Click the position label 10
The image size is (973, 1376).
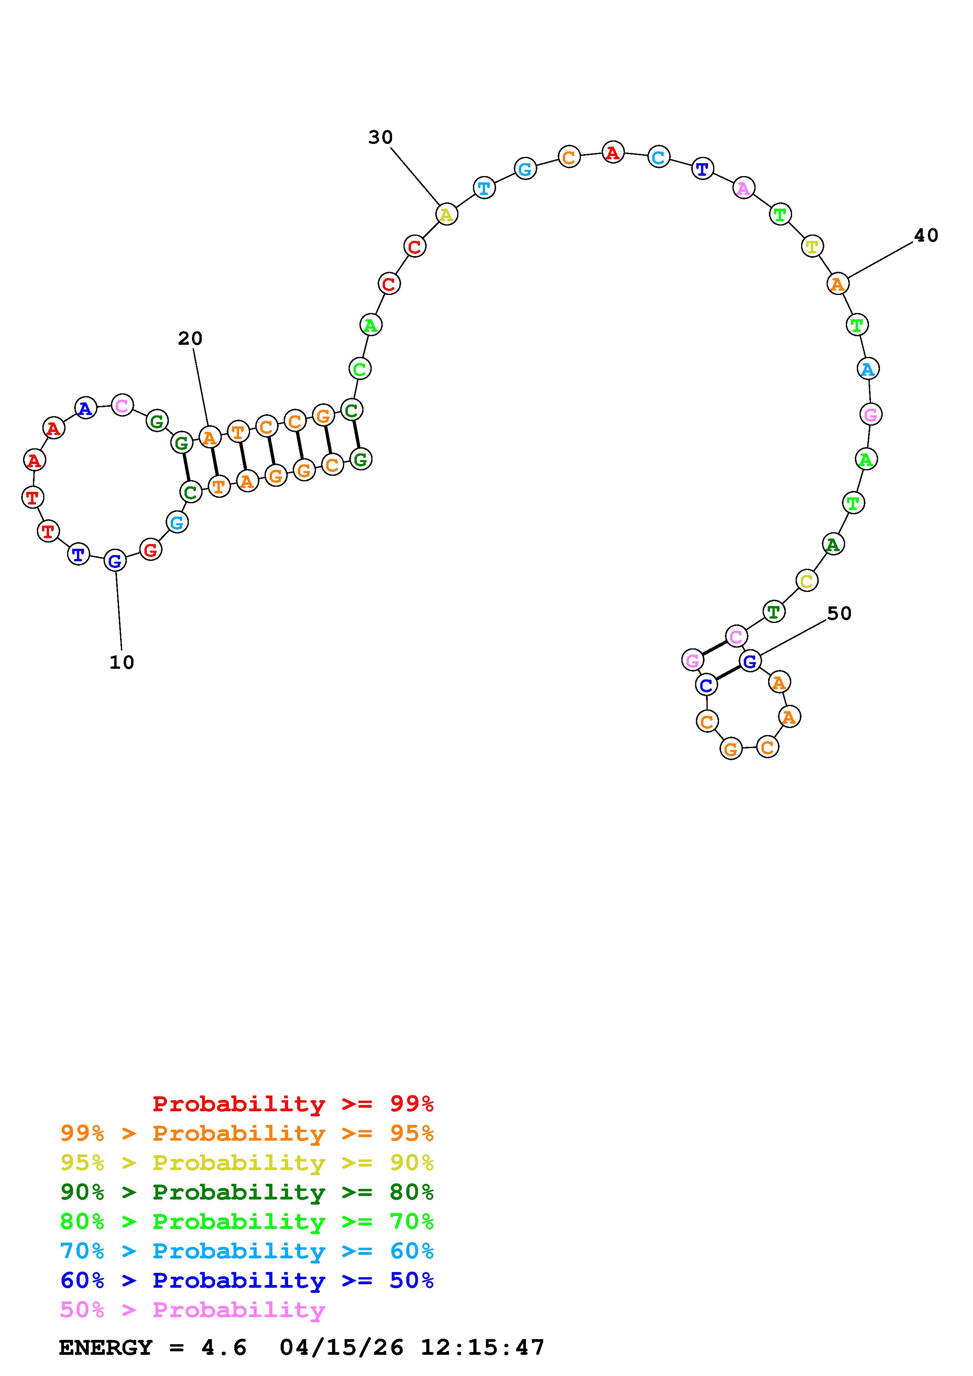pyautogui.click(x=122, y=662)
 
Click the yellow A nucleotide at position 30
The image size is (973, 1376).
pyautogui.click(x=446, y=214)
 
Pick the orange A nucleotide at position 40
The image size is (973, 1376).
pyautogui.click(x=838, y=284)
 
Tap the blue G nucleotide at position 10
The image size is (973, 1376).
pyautogui.click(x=115, y=561)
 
